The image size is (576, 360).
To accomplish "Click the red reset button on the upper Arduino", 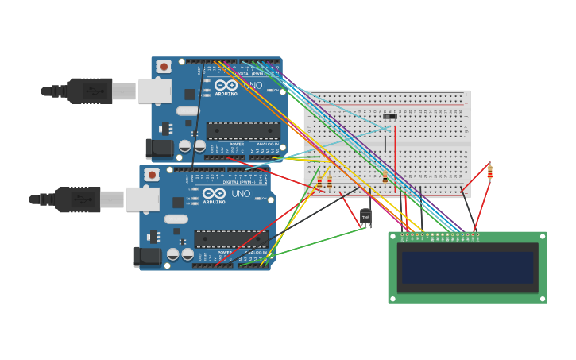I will pyautogui.click(x=164, y=67).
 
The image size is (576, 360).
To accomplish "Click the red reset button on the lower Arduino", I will pyautogui.click(x=152, y=175).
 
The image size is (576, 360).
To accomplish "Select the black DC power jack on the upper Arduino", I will pyautogui.click(x=159, y=148).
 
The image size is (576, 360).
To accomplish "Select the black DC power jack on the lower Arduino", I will pyautogui.click(x=147, y=256).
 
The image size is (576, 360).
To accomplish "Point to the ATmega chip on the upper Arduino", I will pyautogui.click(x=243, y=130).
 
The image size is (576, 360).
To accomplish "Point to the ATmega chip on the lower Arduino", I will pyautogui.click(x=231, y=238).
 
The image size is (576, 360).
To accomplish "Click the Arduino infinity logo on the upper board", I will pyautogui.click(x=226, y=85).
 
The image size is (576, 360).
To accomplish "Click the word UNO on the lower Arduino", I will pyautogui.click(x=241, y=193).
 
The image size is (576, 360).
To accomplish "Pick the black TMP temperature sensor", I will pyautogui.click(x=365, y=217).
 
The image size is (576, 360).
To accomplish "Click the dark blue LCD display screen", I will pyautogui.click(x=467, y=268).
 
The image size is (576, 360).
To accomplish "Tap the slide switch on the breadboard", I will pyautogui.click(x=390, y=117).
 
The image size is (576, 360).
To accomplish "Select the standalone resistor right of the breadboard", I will pyautogui.click(x=489, y=172).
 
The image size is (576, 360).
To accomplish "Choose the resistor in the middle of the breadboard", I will pyautogui.click(x=385, y=177).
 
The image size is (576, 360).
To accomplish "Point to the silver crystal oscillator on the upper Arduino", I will pyautogui.click(x=187, y=111).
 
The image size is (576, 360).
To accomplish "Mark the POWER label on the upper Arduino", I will pyautogui.click(x=237, y=145).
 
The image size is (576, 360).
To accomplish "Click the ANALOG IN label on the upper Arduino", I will pyautogui.click(x=269, y=145).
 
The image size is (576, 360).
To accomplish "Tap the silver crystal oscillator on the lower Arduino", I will pyautogui.click(x=176, y=219).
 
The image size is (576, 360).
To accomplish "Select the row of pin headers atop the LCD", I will pyautogui.click(x=439, y=236).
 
